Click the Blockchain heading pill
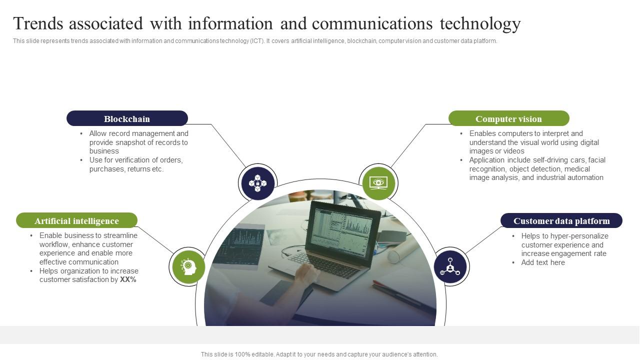coord(127,118)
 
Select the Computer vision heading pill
coord(508,118)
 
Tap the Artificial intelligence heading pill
coord(76,220)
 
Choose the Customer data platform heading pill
coord(561,220)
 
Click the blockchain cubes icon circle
coord(258,183)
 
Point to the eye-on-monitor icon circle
coord(378,183)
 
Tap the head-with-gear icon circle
coord(188,267)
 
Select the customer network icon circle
coord(450,267)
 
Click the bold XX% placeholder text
coord(128,280)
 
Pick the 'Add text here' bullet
coord(543,262)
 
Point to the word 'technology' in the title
coord(480,23)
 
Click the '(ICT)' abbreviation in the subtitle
coord(257,41)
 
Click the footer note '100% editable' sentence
coord(319,354)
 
